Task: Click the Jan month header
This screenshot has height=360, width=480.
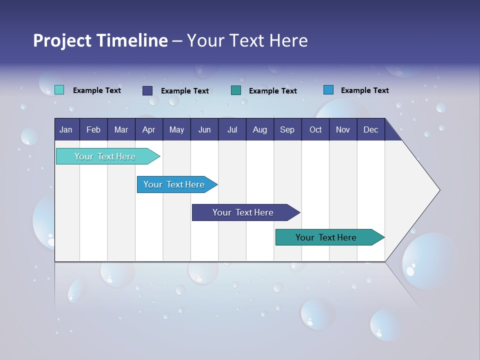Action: (x=66, y=130)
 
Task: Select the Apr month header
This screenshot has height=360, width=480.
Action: (x=148, y=130)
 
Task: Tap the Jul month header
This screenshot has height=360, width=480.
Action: (x=232, y=130)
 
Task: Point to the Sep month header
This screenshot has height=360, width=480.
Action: (x=287, y=130)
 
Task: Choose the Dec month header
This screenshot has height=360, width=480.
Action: (x=370, y=130)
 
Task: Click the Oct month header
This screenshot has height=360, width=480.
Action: (x=315, y=130)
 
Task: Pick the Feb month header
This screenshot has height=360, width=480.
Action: (x=93, y=130)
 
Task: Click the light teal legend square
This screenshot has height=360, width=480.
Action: (x=59, y=90)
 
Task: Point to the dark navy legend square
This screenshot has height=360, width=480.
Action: (x=147, y=90)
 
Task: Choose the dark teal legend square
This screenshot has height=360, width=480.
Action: (x=236, y=90)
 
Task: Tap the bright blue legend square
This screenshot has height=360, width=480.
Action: (x=328, y=90)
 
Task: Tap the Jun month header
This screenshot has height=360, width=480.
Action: (x=204, y=130)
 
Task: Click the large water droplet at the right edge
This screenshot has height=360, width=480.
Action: (x=429, y=260)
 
